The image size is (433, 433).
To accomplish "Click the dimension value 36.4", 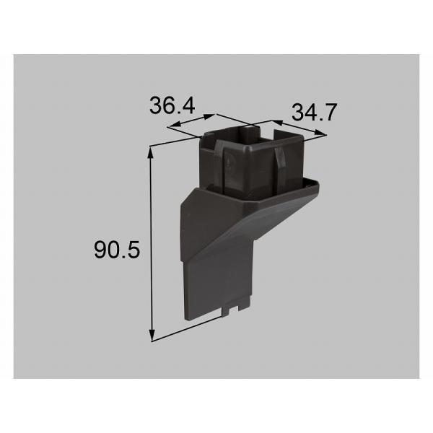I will click(x=172, y=105).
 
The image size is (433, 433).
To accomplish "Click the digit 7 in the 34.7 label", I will click(x=332, y=112).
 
